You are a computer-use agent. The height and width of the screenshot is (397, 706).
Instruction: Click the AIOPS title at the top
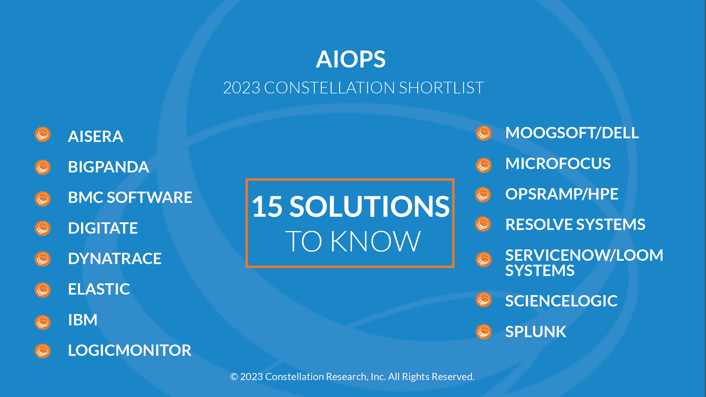pyautogui.click(x=351, y=59)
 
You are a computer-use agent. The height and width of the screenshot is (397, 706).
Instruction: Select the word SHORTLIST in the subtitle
pyautogui.click(x=441, y=88)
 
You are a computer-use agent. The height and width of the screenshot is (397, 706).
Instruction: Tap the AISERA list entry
pyautogui.click(x=95, y=137)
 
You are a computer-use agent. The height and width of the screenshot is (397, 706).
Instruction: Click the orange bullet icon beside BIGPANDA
pyautogui.click(x=43, y=167)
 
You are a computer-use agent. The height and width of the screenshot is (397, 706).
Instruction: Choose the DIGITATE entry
pyautogui.click(x=103, y=228)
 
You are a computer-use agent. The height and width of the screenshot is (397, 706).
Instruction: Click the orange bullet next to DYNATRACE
pyautogui.click(x=43, y=259)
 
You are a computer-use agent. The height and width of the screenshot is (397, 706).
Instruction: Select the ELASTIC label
pyautogui.click(x=99, y=289)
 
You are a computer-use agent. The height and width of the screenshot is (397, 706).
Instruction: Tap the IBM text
pyautogui.click(x=83, y=320)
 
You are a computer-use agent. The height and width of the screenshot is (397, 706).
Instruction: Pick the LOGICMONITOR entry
pyautogui.click(x=130, y=350)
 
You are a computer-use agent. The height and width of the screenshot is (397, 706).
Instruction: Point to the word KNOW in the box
pyautogui.click(x=376, y=241)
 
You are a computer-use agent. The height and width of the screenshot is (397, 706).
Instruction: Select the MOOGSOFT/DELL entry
pyautogui.click(x=572, y=133)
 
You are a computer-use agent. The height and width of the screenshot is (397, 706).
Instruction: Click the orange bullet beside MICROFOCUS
pyautogui.click(x=484, y=165)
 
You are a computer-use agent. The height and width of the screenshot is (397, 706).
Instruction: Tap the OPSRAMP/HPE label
pyautogui.click(x=562, y=194)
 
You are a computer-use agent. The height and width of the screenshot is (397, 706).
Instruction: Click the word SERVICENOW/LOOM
pyautogui.click(x=584, y=255)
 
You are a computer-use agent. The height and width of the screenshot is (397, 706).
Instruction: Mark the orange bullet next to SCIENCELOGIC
pyautogui.click(x=484, y=300)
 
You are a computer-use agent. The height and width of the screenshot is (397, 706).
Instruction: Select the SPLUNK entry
pyautogui.click(x=536, y=332)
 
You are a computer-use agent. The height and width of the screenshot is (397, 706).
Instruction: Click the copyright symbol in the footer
pyautogui.click(x=234, y=377)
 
